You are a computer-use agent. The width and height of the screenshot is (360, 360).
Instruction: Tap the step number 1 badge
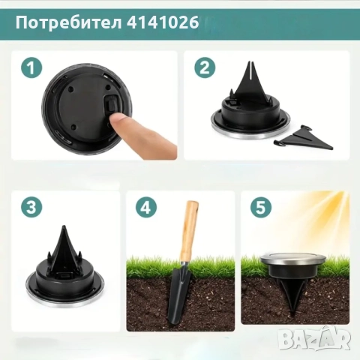tap(30, 69)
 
